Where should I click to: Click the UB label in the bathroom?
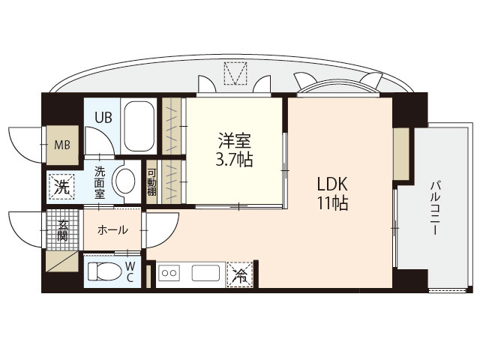click(x=103, y=117)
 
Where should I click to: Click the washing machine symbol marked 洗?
click(x=61, y=186)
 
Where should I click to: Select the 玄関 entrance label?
click(x=63, y=228)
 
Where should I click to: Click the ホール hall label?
click(x=112, y=229)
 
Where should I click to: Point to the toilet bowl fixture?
click(x=103, y=271)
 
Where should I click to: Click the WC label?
click(x=130, y=271)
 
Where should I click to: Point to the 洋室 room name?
click(x=235, y=140)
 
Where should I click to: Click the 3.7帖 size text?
click(x=235, y=159)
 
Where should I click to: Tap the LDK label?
click(x=331, y=183)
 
